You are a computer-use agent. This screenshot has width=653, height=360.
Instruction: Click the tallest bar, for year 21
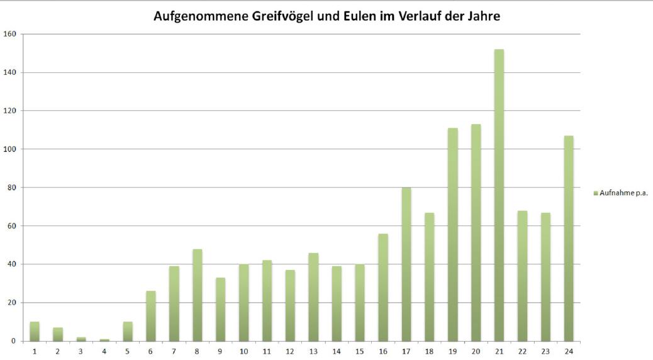pyautogui.click(x=499, y=195)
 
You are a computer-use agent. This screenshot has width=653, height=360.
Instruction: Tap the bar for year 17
pyautogui.click(x=406, y=264)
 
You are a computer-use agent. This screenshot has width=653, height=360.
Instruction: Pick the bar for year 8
pyautogui.click(x=198, y=295)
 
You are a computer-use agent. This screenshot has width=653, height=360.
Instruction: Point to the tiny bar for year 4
pyautogui.click(x=104, y=340)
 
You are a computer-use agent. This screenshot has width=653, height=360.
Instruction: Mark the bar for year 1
pyautogui.click(x=35, y=332)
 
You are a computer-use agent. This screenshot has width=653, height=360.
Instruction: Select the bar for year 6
pyautogui.click(x=151, y=316)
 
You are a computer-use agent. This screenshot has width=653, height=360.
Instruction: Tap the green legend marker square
pyautogui.click(x=596, y=193)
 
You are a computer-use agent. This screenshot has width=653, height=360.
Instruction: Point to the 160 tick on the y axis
pyautogui.click(x=9, y=34)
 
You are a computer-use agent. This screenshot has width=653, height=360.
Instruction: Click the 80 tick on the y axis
pyautogui.click(x=11, y=188)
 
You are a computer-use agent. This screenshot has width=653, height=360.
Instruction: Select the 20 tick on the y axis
pyautogui.click(x=11, y=303)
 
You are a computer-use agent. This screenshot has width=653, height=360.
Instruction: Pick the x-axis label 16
pyautogui.click(x=383, y=351)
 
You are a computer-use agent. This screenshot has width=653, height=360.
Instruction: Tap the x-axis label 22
pyautogui.click(x=522, y=351)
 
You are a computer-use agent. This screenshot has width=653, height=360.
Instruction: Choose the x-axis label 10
pyautogui.click(x=243, y=351)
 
